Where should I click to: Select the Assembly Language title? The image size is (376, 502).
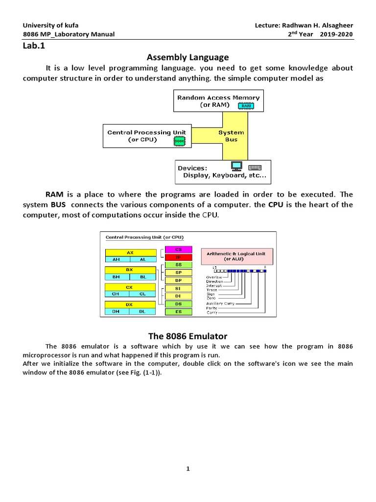[x=188, y=57]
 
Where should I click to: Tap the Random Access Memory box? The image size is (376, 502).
[x=218, y=101]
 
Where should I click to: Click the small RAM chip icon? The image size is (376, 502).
[x=246, y=105]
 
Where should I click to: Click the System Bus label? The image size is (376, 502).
[x=231, y=136]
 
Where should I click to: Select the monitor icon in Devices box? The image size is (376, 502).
[x=236, y=166]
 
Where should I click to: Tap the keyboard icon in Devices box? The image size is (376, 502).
[x=255, y=167]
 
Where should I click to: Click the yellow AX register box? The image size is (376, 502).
[x=130, y=252]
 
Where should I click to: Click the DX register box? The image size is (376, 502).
[x=130, y=304]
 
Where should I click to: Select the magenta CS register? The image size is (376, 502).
[x=179, y=250]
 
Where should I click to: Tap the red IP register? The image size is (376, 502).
[x=179, y=257]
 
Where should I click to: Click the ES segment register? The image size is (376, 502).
[x=179, y=311]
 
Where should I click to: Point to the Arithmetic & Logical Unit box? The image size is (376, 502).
[x=236, y=256]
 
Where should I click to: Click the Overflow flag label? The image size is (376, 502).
[x=214, y=277]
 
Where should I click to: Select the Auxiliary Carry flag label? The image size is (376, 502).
[x=220, y=303]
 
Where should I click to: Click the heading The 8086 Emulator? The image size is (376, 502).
[x=188, y=336]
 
